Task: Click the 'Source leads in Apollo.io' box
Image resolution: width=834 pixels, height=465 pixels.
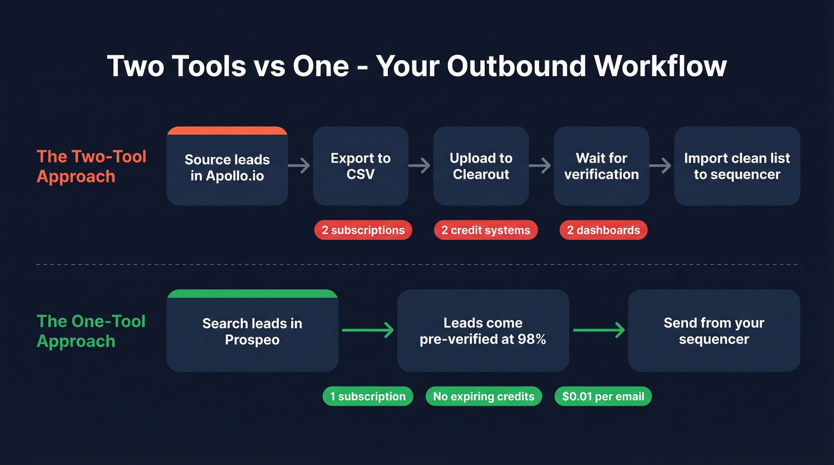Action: (227, 167)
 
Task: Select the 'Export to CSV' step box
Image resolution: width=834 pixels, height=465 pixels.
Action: (360, 166)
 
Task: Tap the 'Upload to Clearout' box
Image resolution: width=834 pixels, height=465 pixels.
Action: (481, 166)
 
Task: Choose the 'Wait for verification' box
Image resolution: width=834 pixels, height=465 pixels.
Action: (601, 166)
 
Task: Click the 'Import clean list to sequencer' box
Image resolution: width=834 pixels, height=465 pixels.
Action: (737, 166)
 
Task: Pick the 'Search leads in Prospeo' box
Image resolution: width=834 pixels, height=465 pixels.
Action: (252, 331)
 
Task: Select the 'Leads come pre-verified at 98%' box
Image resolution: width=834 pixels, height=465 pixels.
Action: (483, 331)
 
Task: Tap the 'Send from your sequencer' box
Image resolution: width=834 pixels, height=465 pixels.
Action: (714, 331)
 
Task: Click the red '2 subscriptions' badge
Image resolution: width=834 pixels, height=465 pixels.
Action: (363, 230)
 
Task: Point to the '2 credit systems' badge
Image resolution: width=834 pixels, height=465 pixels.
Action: (486, 230)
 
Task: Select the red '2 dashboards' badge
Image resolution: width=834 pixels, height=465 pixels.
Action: (603, 230)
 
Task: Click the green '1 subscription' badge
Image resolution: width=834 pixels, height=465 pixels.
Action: (368, 397)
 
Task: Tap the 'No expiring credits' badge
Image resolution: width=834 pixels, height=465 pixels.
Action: (484, 397)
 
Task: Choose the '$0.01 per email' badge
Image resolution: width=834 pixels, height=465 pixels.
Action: (603, 397)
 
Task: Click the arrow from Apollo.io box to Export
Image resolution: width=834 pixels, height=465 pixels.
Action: (300, 166)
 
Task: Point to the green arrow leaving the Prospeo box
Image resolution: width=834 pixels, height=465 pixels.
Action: (368, 330)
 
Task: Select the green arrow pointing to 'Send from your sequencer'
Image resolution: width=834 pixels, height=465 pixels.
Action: (599, 330)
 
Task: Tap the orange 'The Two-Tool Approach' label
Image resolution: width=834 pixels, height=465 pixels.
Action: (91, 166)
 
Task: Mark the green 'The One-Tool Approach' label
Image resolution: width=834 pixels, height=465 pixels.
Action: (91, 331)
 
